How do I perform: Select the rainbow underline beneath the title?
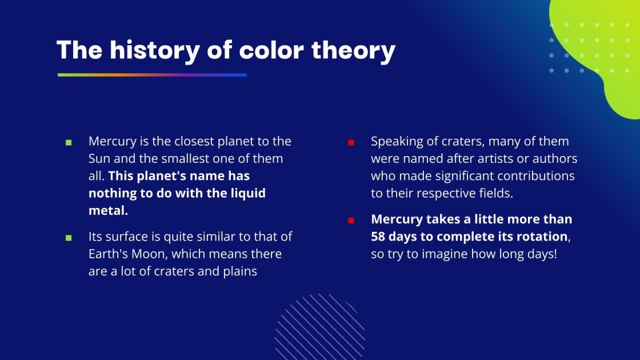(x=152, y=75)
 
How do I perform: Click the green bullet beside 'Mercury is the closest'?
(x=69, y=142)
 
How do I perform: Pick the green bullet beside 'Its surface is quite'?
(x=69, y=237)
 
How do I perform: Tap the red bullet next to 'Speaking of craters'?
(x=351, y=142)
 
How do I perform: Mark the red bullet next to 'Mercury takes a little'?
(x=351, y=220)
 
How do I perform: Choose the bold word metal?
(x=107, y=211)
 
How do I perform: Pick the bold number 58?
(x=379, y=237)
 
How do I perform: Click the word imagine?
(x=448, y=254)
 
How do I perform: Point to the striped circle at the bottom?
(x=319, y=327)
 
